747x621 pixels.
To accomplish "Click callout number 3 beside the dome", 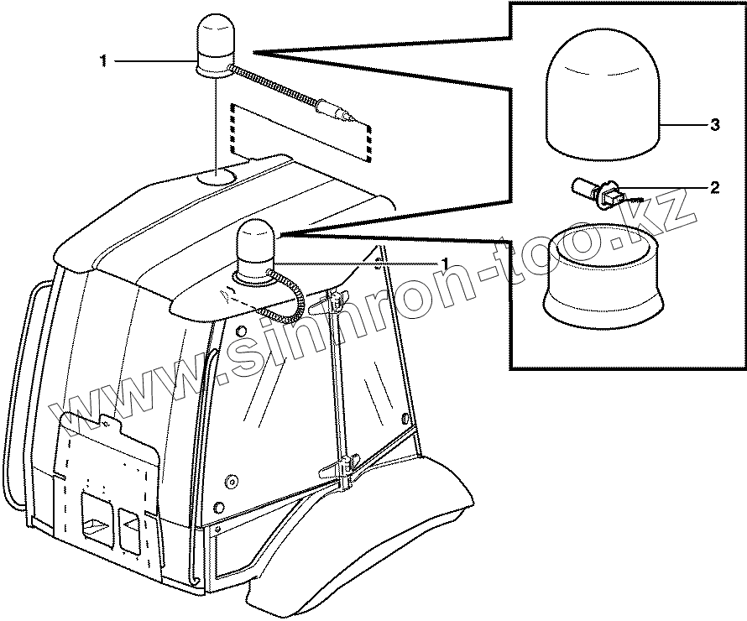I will (x=714, y=125).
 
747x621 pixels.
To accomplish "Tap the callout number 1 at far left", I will (x=103, y=60).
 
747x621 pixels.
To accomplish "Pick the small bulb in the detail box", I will (x=598, y=193).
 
